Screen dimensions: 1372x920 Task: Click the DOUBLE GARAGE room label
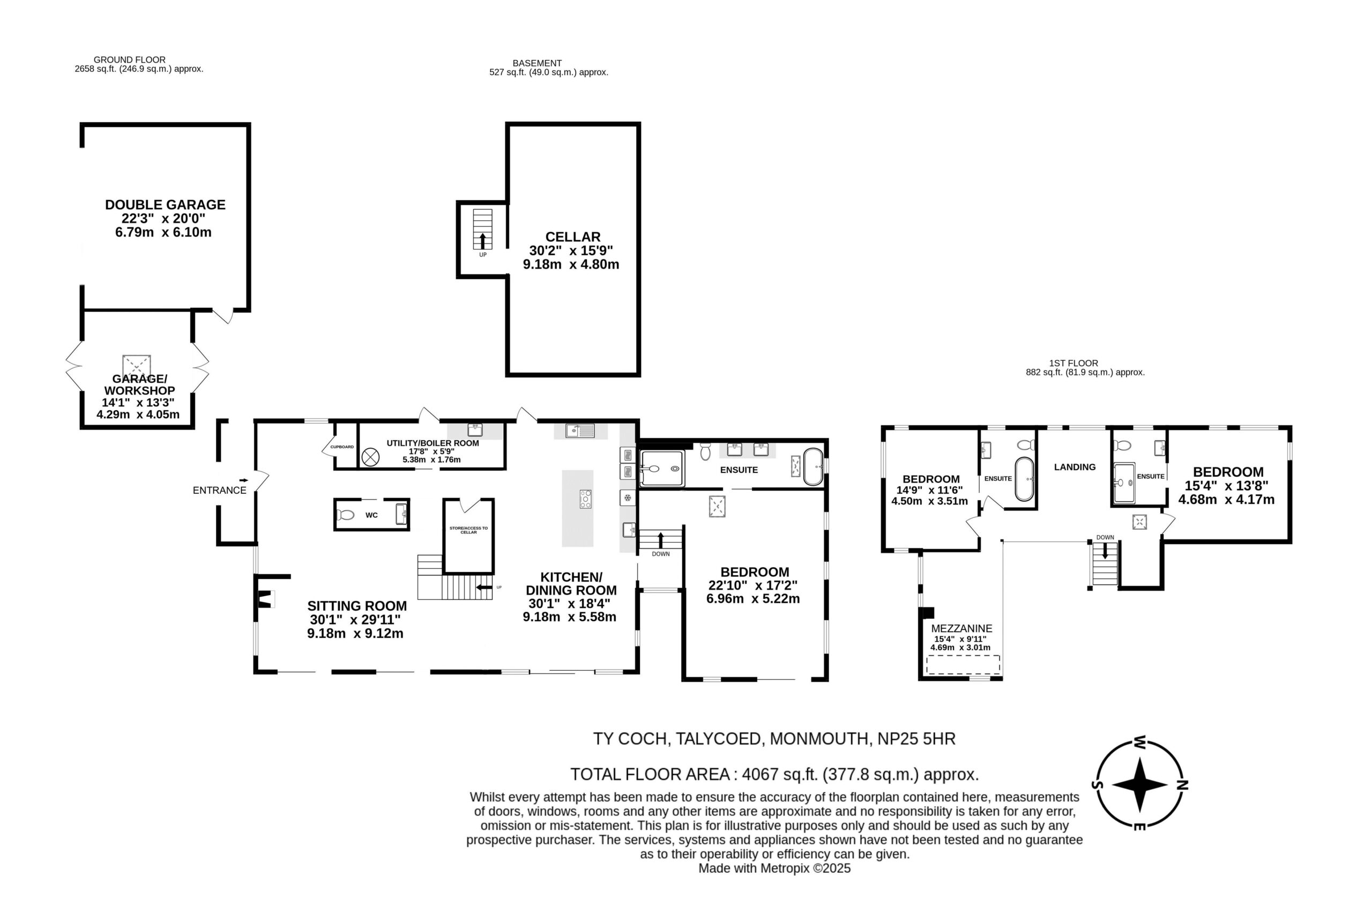click(x=165, y=205)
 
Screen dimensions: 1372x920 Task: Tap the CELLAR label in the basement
click(x=572, y=237)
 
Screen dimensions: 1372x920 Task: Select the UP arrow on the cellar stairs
click(x=483, y=241)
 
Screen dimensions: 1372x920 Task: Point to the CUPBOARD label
click(x=342, y=447)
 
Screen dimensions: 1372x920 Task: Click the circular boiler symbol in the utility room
click(x=370, y=457)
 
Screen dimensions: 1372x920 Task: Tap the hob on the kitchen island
click(x=585, y=499)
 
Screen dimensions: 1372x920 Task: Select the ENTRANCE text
click(x=219, y=491)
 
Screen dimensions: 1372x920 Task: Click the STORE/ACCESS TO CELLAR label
click(x=468, y=530)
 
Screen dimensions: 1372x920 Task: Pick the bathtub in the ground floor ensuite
click(x=813, y=466)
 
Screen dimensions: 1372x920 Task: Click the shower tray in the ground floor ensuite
click(x=662, y=469)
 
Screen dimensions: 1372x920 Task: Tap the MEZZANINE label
click(x=961, y=628)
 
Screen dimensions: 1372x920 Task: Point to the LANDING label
click(x=1075, y=467)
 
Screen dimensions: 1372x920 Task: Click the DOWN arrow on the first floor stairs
click(x=1105, y=551)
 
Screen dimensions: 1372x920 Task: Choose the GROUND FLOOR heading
click(x=130, y=60)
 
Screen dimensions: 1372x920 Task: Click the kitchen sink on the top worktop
click(x=580, y=431)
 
